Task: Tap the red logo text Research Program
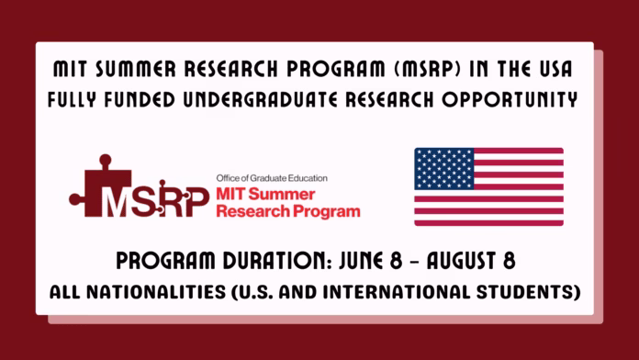(286, 211)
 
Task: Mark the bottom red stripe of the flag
(488, 221)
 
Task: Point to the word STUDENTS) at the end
(533, 293)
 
